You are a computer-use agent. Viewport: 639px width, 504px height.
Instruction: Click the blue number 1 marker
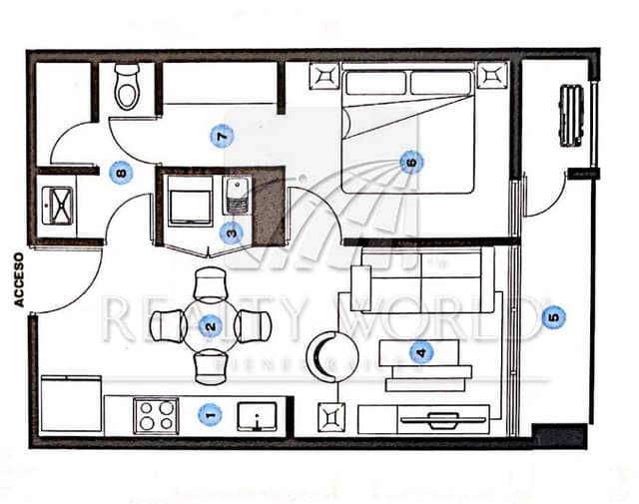(209, 412)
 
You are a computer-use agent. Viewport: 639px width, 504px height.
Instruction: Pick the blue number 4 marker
(420, 351)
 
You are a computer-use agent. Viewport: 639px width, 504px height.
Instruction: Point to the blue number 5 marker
(553, 317)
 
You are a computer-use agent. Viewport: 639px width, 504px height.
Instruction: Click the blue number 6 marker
(408, 162)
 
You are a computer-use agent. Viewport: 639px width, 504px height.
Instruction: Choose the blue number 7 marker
(222, 135)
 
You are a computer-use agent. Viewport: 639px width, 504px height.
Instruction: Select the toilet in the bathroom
(128, 88)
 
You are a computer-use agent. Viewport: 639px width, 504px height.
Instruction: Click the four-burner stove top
(156, 415)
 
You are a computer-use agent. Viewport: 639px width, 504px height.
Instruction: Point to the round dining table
(210, 325)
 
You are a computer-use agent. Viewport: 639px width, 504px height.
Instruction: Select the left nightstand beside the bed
(325, 76)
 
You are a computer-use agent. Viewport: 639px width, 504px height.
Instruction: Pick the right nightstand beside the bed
(490, 76)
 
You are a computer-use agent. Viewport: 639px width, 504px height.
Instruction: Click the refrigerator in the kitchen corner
(70, 403)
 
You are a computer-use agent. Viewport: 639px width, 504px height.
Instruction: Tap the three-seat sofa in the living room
(423, 280)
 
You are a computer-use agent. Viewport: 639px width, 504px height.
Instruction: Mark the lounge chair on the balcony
(572, 116)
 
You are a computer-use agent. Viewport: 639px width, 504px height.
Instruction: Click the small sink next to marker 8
(56, 205)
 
